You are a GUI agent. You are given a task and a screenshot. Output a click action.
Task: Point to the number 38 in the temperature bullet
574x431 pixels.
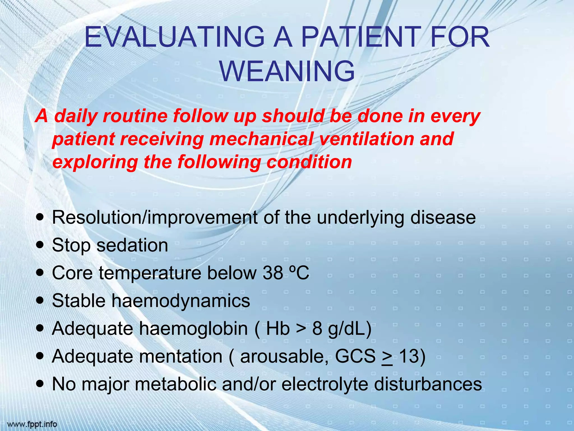pyautogui.click(x=273, y=273)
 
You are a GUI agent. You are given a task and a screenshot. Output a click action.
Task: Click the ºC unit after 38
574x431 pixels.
pyautogui.click(x=299, y=273)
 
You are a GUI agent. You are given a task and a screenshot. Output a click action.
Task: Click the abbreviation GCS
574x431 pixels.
pyautogui.click(x=355, y=356)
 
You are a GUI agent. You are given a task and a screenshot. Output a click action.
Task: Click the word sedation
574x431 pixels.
pyautogui.click(x=132, y=245)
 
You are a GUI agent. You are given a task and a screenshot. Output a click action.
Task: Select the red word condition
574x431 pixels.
pyautogui.click(x=309, y=162)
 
